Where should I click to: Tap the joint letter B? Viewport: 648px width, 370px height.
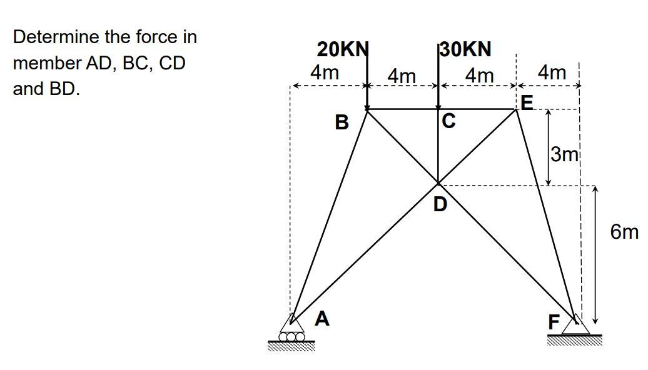[x=342, y=122]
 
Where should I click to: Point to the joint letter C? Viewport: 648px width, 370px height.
[x=448, y=120]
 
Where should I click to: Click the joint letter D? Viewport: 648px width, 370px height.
[x=440, y=204]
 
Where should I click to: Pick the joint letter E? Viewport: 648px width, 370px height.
[x=527, y=102]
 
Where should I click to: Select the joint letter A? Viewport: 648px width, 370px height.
[x=321, y=319]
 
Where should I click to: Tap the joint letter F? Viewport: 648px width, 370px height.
[x=554, y=322]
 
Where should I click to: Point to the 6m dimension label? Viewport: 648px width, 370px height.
[x=625, y=232]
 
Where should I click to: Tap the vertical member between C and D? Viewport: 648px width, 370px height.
[x=438, y=147]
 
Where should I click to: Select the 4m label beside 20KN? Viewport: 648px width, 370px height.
[x=325, y=72]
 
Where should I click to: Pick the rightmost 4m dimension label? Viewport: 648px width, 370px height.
[x=552, y=72]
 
